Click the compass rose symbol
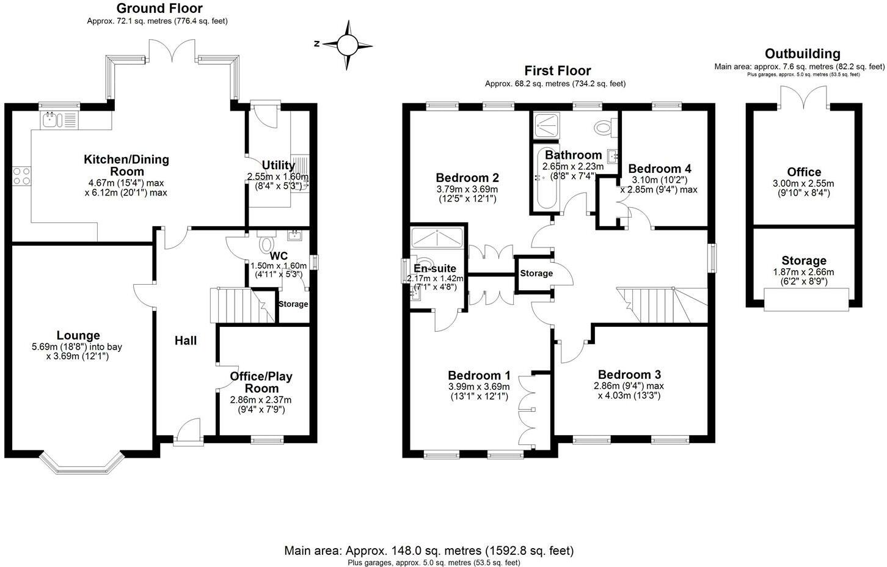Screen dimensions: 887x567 [x=347, y=45]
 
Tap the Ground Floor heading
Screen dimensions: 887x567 [x=159, y=9]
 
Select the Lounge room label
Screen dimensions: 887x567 [x=78, y=335]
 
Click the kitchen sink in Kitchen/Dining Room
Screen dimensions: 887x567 [x=51, y=120]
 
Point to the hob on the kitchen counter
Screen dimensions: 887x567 [x=22, y=176]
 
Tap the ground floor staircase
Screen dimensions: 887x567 [x=236, y=305]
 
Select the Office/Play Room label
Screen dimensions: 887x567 [x=261, y=382]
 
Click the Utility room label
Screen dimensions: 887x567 [x=278, y=165]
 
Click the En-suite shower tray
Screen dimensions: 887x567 [x=437, y=237]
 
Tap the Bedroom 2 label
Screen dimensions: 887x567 [x=467, y=178]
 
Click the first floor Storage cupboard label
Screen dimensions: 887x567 [x=536, y=273]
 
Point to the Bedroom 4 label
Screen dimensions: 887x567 [x=659, y=169]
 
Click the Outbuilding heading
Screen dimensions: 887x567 [x=802, y=54]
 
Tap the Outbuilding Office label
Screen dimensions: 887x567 [x=804, y=172]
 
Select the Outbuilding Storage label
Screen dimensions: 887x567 [x=803, y=261]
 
